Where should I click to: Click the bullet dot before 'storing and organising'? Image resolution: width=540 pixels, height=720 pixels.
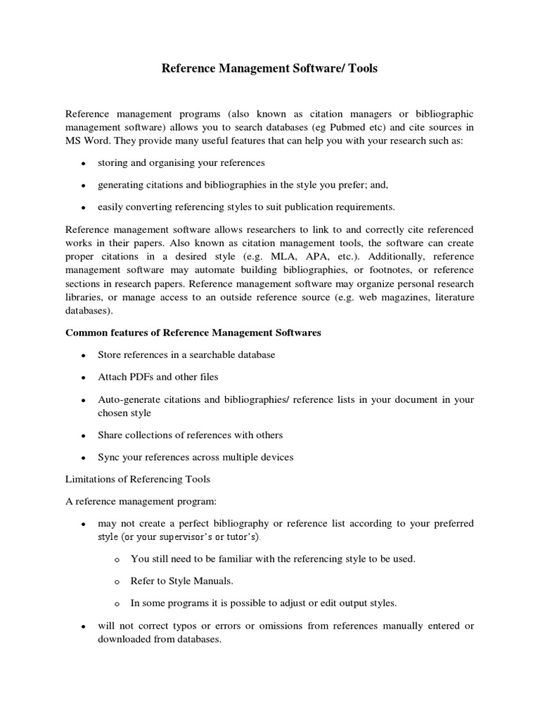coord(83,163)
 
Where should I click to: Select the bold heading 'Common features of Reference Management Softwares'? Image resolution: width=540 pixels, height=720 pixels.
coord(193,333)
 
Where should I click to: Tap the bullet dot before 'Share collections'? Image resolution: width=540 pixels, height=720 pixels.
coord(83,436)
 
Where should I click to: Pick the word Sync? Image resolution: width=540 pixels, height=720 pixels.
coord(110,457)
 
